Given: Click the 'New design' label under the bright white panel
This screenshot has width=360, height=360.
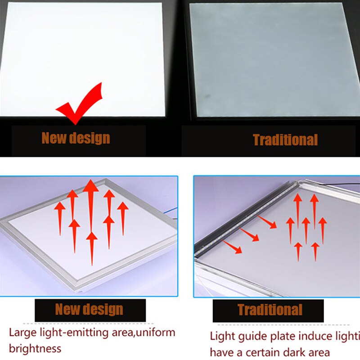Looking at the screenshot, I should (76, 138).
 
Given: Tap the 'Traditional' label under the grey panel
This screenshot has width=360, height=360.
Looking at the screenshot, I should (285, 140).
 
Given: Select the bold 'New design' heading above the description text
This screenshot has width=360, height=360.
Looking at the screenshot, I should (89, 310).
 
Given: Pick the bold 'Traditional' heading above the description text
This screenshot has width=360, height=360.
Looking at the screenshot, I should (270, 310).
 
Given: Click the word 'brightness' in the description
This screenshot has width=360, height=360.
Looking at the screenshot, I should (35, 348).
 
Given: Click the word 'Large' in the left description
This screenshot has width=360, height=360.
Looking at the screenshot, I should (22, 333).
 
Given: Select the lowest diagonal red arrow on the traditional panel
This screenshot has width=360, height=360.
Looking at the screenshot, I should (233, 246).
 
